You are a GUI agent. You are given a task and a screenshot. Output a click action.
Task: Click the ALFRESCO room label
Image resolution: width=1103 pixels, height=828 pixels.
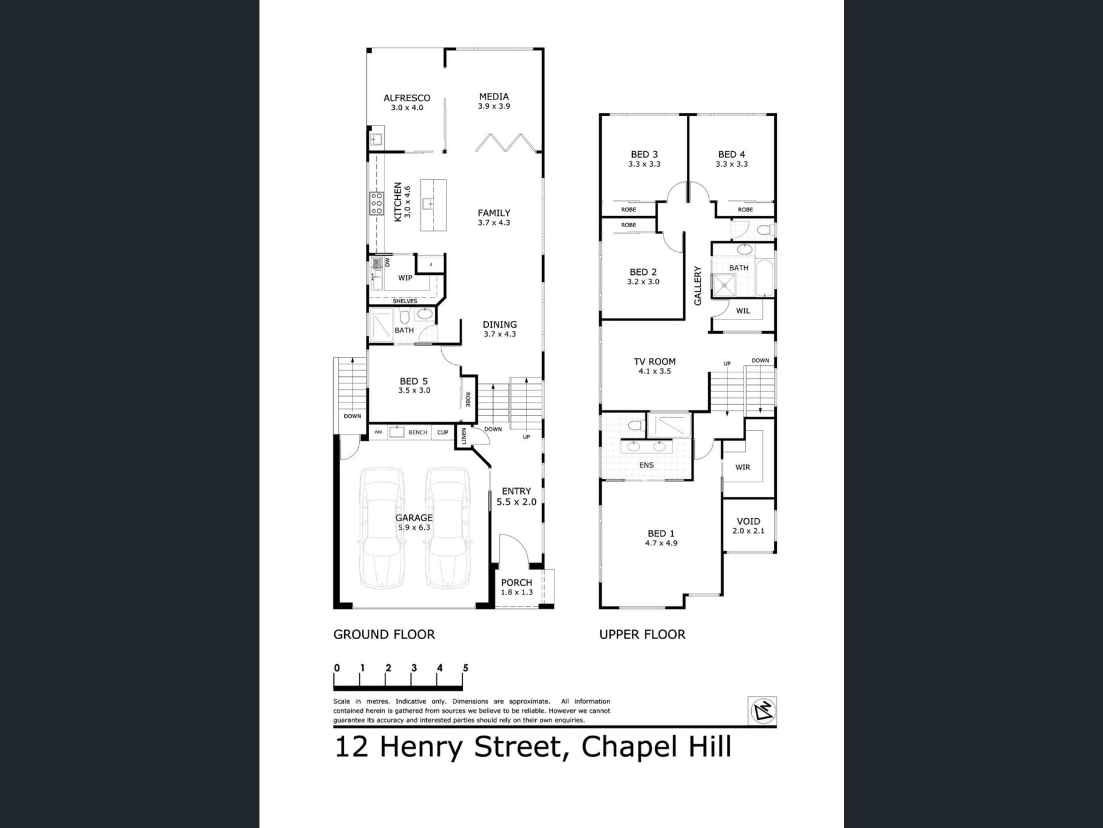[x=406, y=98]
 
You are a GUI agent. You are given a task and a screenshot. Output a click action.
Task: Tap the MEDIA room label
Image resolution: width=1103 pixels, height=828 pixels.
[x=494, y=96]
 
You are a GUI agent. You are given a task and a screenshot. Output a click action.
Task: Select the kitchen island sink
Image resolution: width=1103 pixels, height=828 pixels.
[x=429, y=203]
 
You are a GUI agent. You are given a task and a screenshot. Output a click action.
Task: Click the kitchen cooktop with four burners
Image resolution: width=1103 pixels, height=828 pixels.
[x=376, y=203]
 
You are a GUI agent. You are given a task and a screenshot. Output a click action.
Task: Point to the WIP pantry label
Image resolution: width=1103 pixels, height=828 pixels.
[x=405, y=278]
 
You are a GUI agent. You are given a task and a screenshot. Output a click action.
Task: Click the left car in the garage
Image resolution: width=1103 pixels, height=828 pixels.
[x=381, y=528]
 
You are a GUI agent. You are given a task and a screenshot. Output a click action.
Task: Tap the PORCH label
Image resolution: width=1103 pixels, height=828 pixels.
[x=517, y=583]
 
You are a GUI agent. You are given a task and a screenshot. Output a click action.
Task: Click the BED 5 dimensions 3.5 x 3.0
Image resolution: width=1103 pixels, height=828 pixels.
[x=414, y=390]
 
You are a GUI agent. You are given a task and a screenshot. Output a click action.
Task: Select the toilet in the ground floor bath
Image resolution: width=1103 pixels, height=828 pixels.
[x=405, y=317]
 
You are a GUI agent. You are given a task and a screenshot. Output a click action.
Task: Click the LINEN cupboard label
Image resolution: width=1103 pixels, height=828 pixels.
[x=463, y=436]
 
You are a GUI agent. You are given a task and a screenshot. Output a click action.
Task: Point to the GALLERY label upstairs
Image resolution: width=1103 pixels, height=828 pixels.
[x=698, y=286]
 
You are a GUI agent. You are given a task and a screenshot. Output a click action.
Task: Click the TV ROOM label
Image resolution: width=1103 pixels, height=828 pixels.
[x=654, y=361]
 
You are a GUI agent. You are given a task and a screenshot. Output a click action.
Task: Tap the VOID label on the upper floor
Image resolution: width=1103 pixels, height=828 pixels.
[x=748, y=521]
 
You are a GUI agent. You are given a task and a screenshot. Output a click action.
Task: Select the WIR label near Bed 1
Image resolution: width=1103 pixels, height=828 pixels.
[x=742, y=467]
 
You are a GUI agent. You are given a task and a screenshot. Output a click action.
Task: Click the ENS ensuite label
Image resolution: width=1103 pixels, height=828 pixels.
[x=646, y=465]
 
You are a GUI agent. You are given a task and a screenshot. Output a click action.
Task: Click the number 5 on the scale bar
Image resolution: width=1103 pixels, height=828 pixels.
[x=466, y=668]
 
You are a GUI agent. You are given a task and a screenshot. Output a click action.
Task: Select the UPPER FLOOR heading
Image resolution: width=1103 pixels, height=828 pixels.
[x=642, y=635]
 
